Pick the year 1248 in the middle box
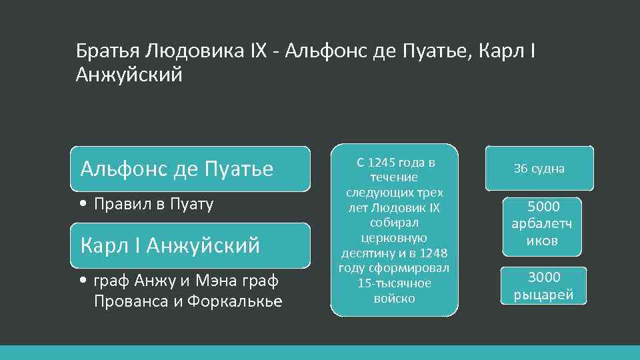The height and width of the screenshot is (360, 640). pyautogui.click(x=435, y=253)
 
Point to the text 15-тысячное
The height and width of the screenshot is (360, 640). pyautogui.click(x=394, y=283)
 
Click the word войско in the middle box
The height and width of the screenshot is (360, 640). pyautogui.click(x=394, y=298)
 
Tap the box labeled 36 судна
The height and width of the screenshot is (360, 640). pyautogui.click(x=539, y=169)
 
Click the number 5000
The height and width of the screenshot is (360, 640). pyautogui.click(x=543, y=207)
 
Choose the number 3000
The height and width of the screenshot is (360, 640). pyautogui.click(x=543, y=277)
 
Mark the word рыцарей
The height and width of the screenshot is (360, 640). pyautogui.click(x=543, y=295)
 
